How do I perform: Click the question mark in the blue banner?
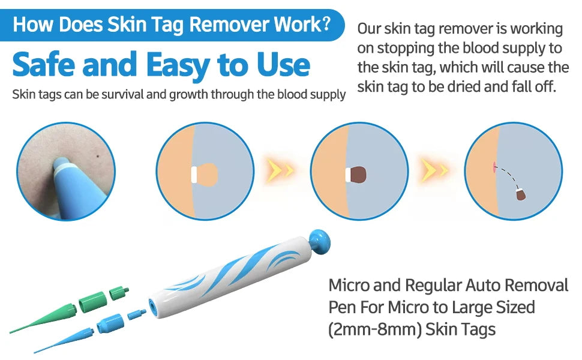326,23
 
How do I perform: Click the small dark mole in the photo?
98,156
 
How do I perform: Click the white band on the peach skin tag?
194,175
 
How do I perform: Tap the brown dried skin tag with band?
356,175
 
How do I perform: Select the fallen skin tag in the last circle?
521,194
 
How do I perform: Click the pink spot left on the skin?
494,167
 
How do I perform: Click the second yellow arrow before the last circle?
434,170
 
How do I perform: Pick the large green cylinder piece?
93,301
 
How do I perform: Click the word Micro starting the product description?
349,286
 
